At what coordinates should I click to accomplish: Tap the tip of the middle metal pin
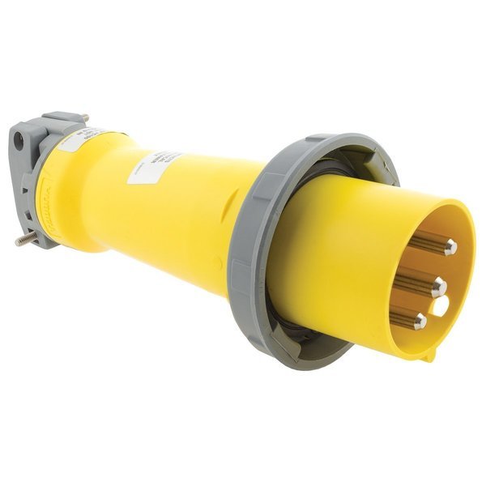point(439,286)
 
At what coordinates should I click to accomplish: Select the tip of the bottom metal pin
point(420,322)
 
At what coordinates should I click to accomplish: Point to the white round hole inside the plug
point(440,306)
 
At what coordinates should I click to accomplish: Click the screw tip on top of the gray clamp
point(83,118)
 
